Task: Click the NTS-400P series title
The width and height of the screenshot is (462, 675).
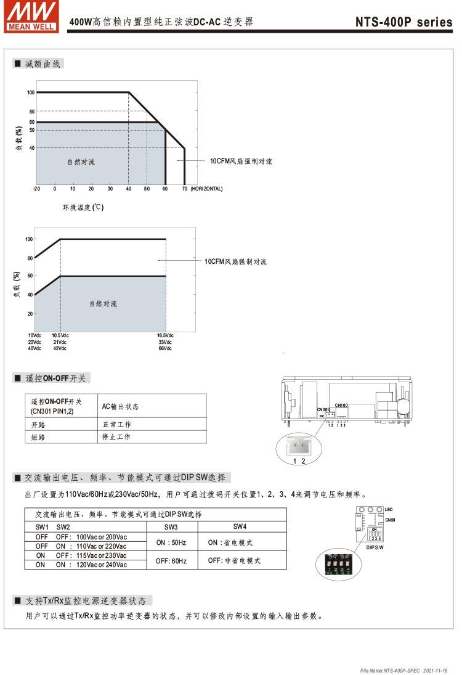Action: pos(403,22)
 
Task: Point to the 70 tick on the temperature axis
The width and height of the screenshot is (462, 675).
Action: pos(185,189)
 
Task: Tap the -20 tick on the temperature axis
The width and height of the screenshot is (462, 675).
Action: pos(36,189)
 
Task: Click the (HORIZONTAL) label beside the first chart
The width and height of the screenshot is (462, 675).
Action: pos(207,189)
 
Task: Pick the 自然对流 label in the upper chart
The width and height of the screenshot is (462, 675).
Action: pos(81,162)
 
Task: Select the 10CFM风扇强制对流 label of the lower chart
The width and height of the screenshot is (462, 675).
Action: pos(236,262)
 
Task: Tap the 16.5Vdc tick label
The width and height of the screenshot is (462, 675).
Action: pos(166,335)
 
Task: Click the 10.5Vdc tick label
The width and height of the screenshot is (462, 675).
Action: pos(60,335)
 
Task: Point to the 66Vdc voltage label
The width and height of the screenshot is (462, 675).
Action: pos(165,349)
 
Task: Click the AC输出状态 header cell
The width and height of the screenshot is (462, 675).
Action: pos(120,406)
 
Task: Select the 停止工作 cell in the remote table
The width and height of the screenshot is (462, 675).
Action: pos(116,437)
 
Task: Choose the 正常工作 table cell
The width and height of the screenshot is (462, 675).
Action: pos(116,425)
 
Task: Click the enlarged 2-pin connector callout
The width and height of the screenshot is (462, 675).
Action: pos(299,448)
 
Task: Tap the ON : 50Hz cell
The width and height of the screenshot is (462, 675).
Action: pos(171,542)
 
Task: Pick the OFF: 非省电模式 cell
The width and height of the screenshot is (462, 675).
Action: pos(234,561)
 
